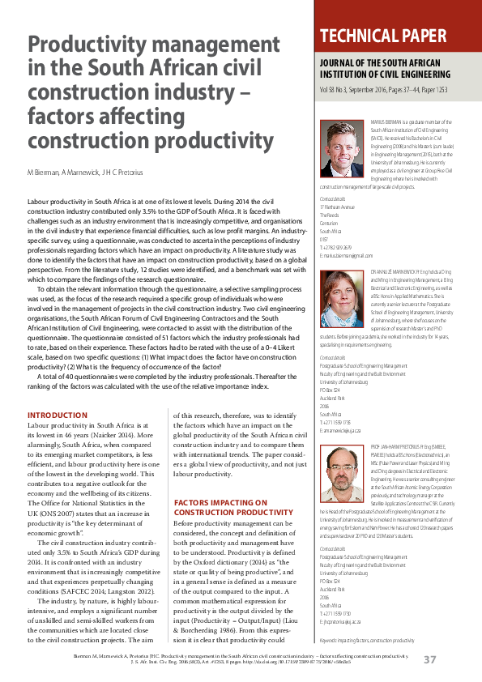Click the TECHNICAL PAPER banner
point(383,36)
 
